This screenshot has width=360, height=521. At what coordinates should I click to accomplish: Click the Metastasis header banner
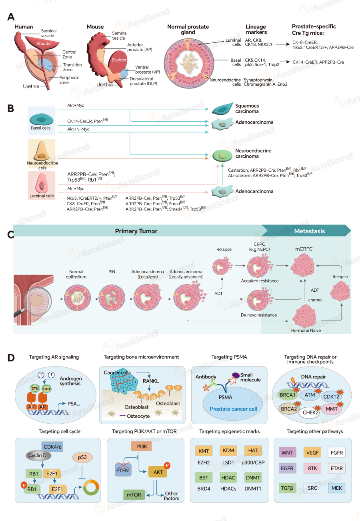(x=309, y=231)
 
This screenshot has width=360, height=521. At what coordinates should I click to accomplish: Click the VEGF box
(x=312, y=453)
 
